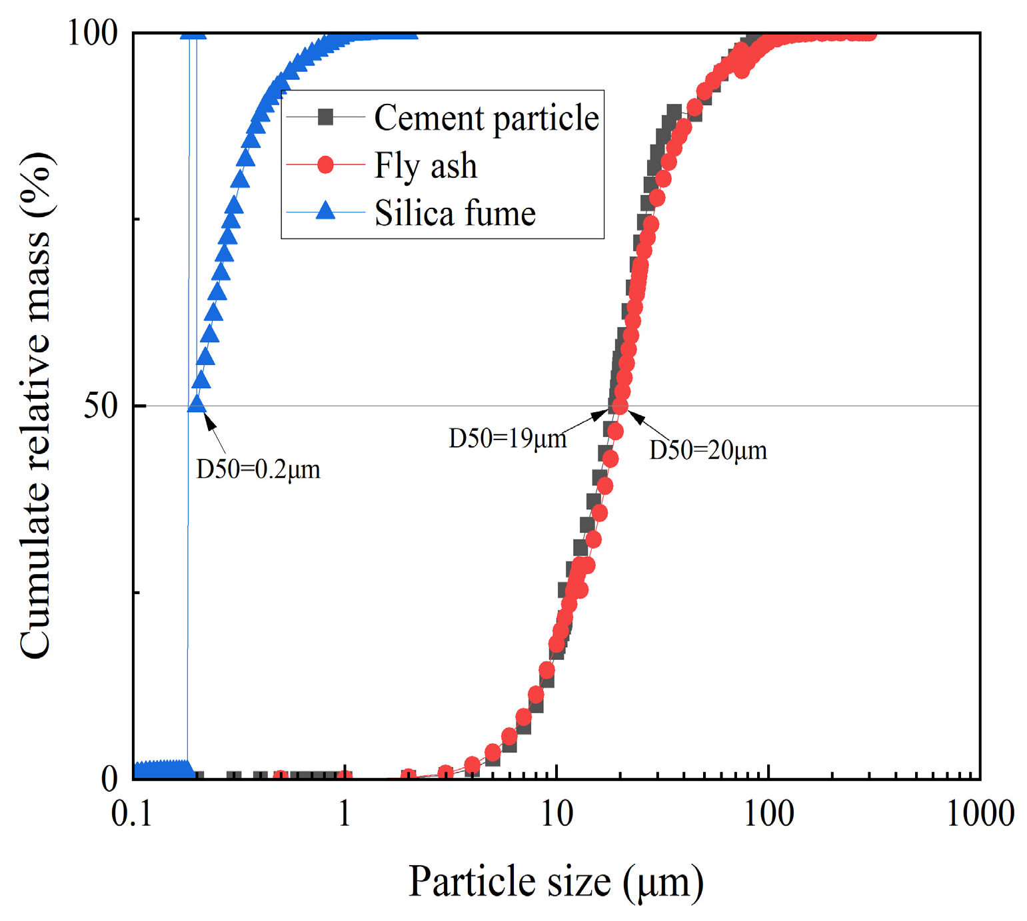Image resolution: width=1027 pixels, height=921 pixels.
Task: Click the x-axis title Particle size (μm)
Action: pyautogui.click(x=555, y=882)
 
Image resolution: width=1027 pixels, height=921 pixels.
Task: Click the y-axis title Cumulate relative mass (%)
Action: pyautogui.click(x=35, y=406)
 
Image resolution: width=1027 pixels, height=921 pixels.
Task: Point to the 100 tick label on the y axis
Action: pyautogui.click(x=93, y=33)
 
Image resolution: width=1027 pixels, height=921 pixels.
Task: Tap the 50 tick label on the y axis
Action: pyautogui.click(x=101, y=406)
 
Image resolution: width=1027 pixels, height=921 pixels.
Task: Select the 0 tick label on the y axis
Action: pyautogui.click(x=110, y=778)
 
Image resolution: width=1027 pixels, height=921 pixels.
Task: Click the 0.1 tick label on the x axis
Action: pyautogui.click(x=132, y=813)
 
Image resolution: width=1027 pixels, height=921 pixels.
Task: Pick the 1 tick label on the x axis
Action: pyautogui.click(x=345, y=813)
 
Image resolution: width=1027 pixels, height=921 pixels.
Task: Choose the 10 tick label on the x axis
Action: pyautogui.click(x=556, y=813)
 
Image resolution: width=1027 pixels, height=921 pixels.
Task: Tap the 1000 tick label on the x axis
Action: pyautogui.click(x=980, y=813)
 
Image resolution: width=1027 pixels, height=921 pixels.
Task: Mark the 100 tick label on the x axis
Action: pyautogui.click(x=768, y=813)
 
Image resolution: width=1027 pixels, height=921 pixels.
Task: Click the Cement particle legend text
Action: pyautogui.click(x=487, y=118)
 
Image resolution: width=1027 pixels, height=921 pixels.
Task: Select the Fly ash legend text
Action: pyautogui.click(x=426, y=165)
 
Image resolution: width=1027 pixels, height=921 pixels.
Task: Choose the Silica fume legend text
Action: pyautogui.click(x=455, y=213)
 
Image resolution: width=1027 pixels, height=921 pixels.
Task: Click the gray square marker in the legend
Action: pyautogui.click(x=325, y=117)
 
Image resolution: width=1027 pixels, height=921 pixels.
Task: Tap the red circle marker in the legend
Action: pyautogui.click(x=325, y=164)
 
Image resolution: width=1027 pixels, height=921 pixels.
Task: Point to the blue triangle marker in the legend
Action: pyautogui.click(x=325, y=211)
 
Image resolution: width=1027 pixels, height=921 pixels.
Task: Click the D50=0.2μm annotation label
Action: pyautogui.click(x=258, y=469)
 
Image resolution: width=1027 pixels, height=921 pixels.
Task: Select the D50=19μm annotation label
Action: pyautogui.click(x=507, y=438)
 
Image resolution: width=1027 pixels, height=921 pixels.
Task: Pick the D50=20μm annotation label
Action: pyautogui.click(x=708, y=450)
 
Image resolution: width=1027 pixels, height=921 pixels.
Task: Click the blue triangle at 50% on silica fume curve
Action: pyautogui.click(x=197, y=404)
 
